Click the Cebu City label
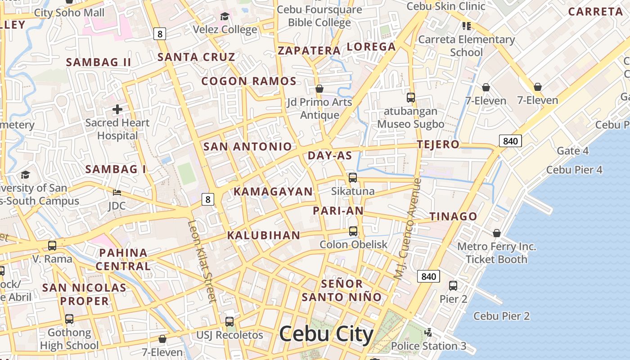click(x=326, y=335)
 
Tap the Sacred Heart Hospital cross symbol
click(x=117, y=109)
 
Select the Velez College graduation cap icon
click(x=224, y=17)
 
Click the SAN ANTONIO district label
click(x=247, y=147)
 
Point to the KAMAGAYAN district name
click(x=273, y=192)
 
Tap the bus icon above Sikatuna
click(x=353, y=178)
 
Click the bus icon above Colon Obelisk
click(x=353, y=231)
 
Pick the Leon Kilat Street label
click(x=202, y=261)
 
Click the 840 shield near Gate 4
click(x=510, y=141)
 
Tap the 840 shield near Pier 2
click(x=428, y=276)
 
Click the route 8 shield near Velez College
click(x=160, y=33)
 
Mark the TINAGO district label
click(x=453, y=216)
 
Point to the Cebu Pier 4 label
click(x=574, y=170)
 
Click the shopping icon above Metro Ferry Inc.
click(x=497, y=233)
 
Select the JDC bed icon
click(x=117, y=193)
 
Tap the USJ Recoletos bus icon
click(x=229, y=322)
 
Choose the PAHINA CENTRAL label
click(x=123, y=259)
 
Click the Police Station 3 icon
click(x=428, y=333)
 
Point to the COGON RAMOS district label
click(x=249, y=81)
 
